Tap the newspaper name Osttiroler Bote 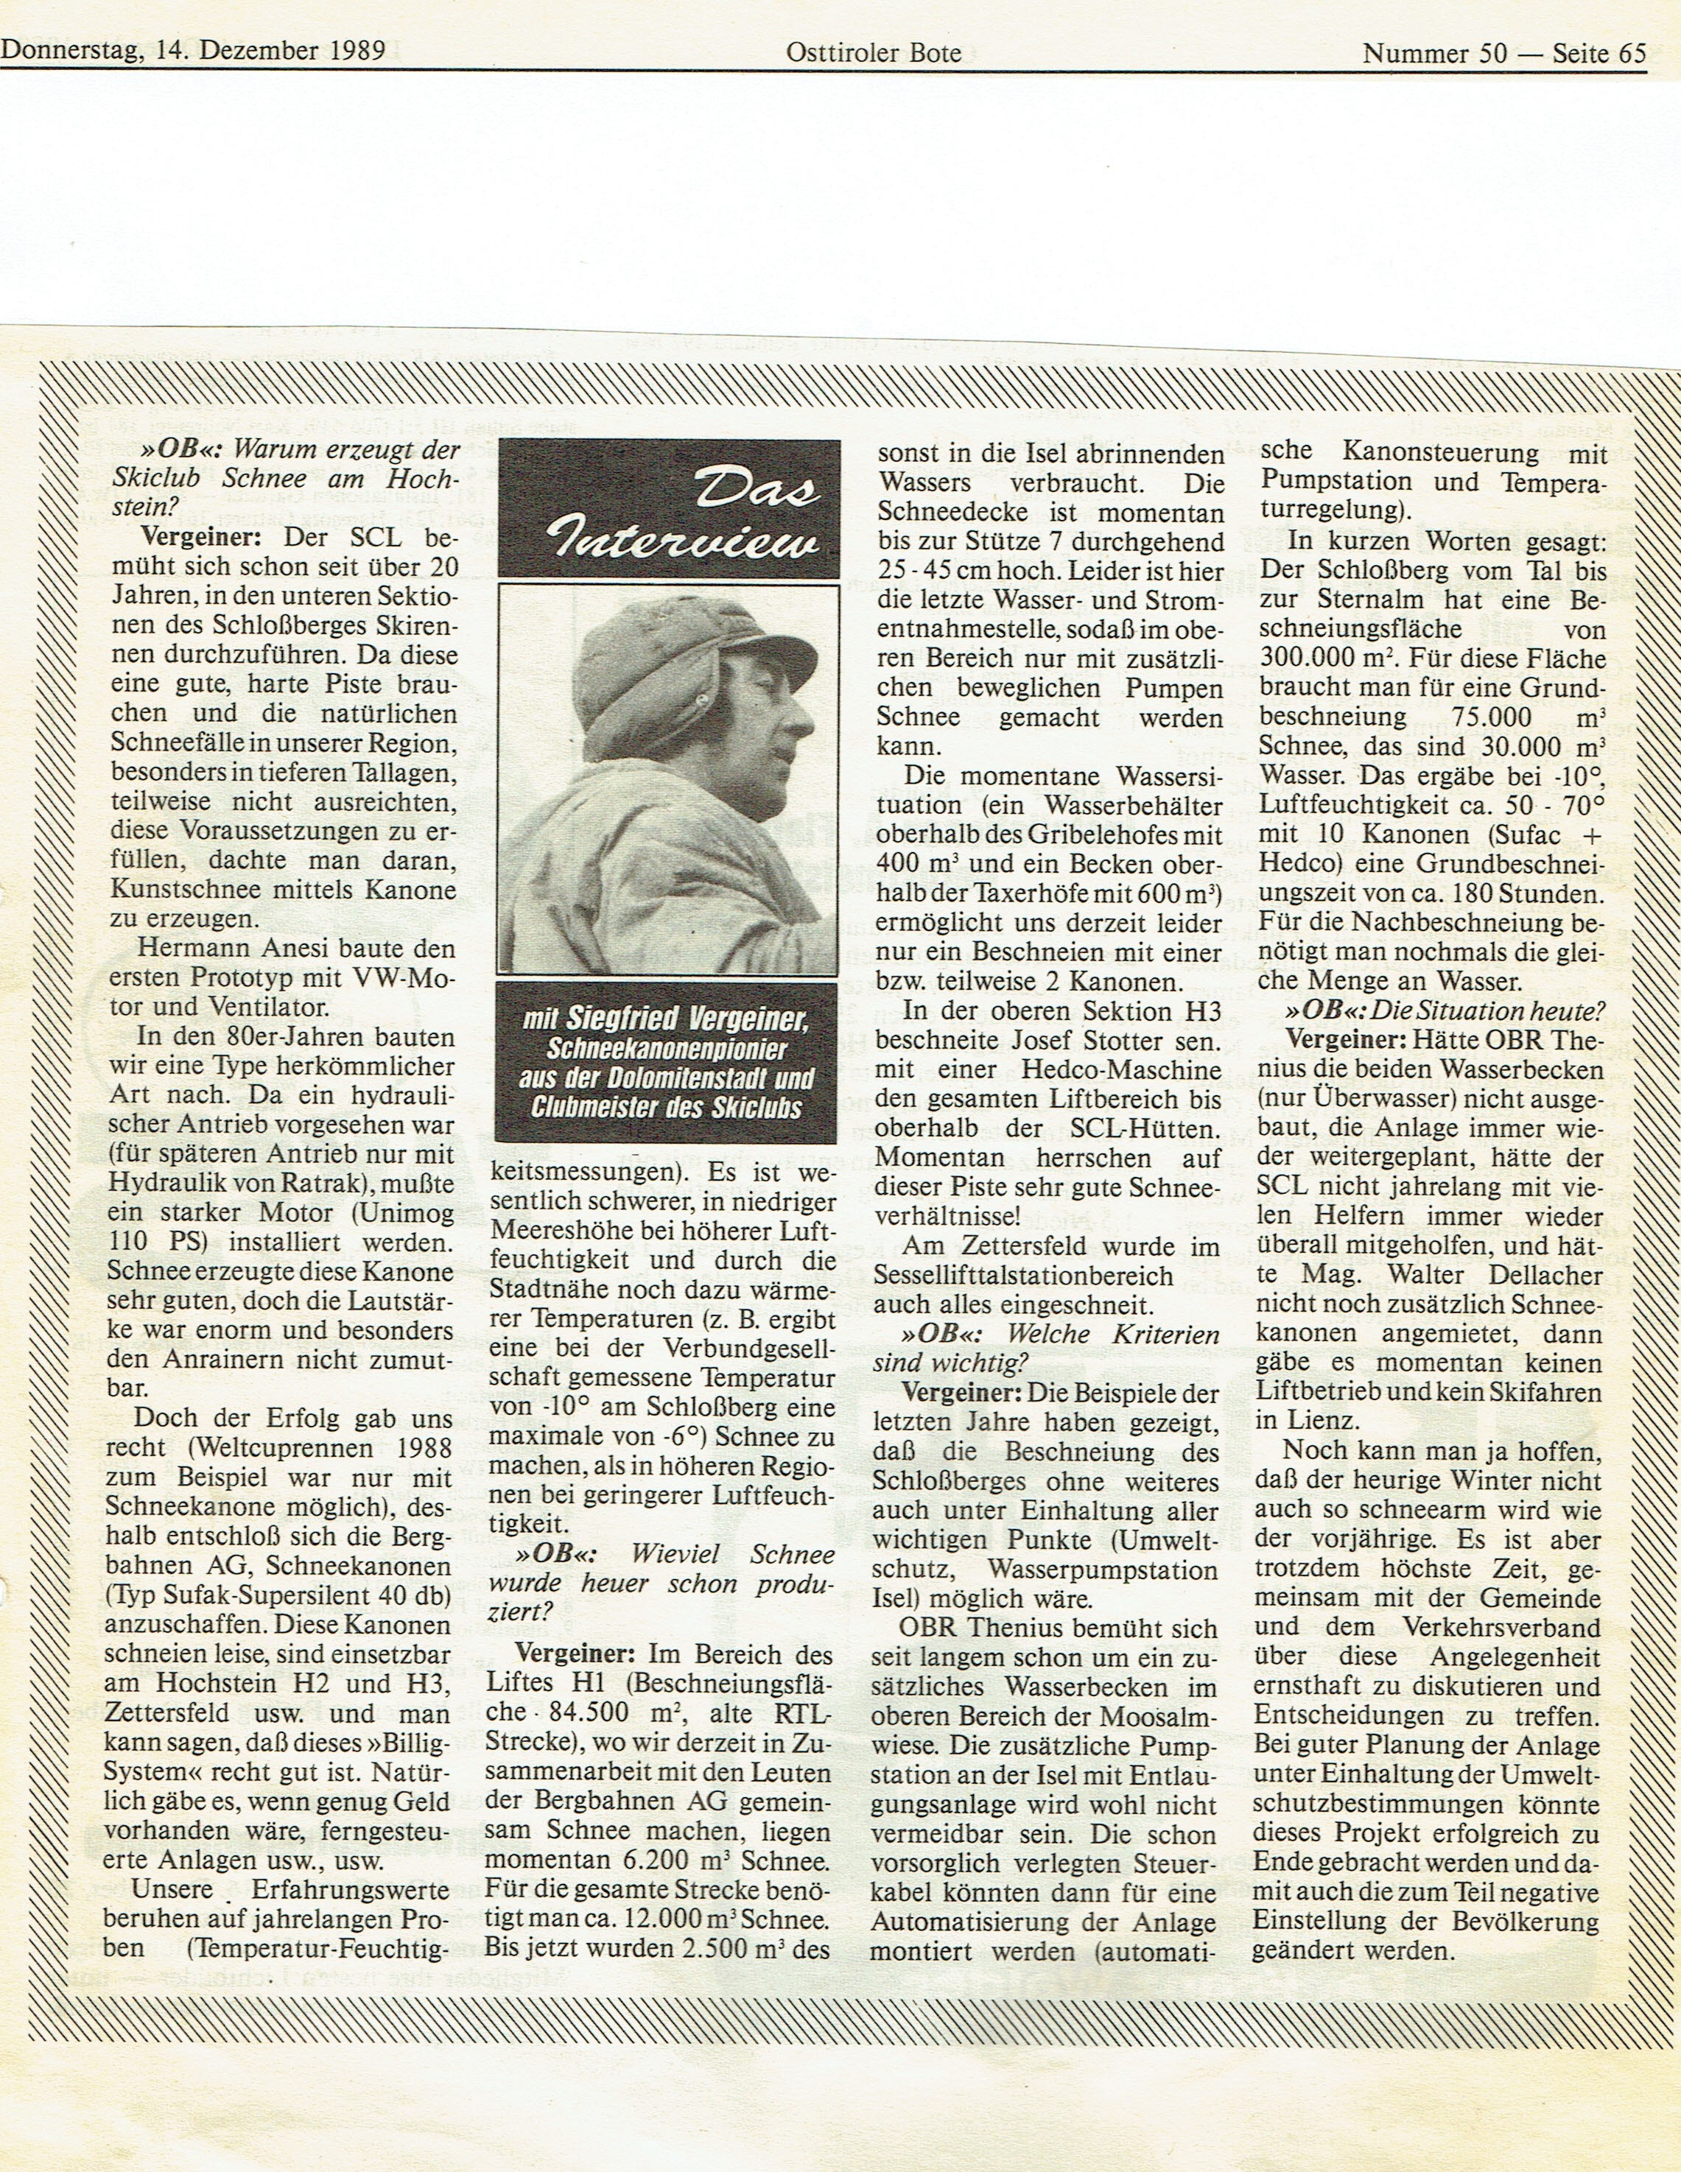tap(874, 53)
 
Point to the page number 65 tap(1631, 53)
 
